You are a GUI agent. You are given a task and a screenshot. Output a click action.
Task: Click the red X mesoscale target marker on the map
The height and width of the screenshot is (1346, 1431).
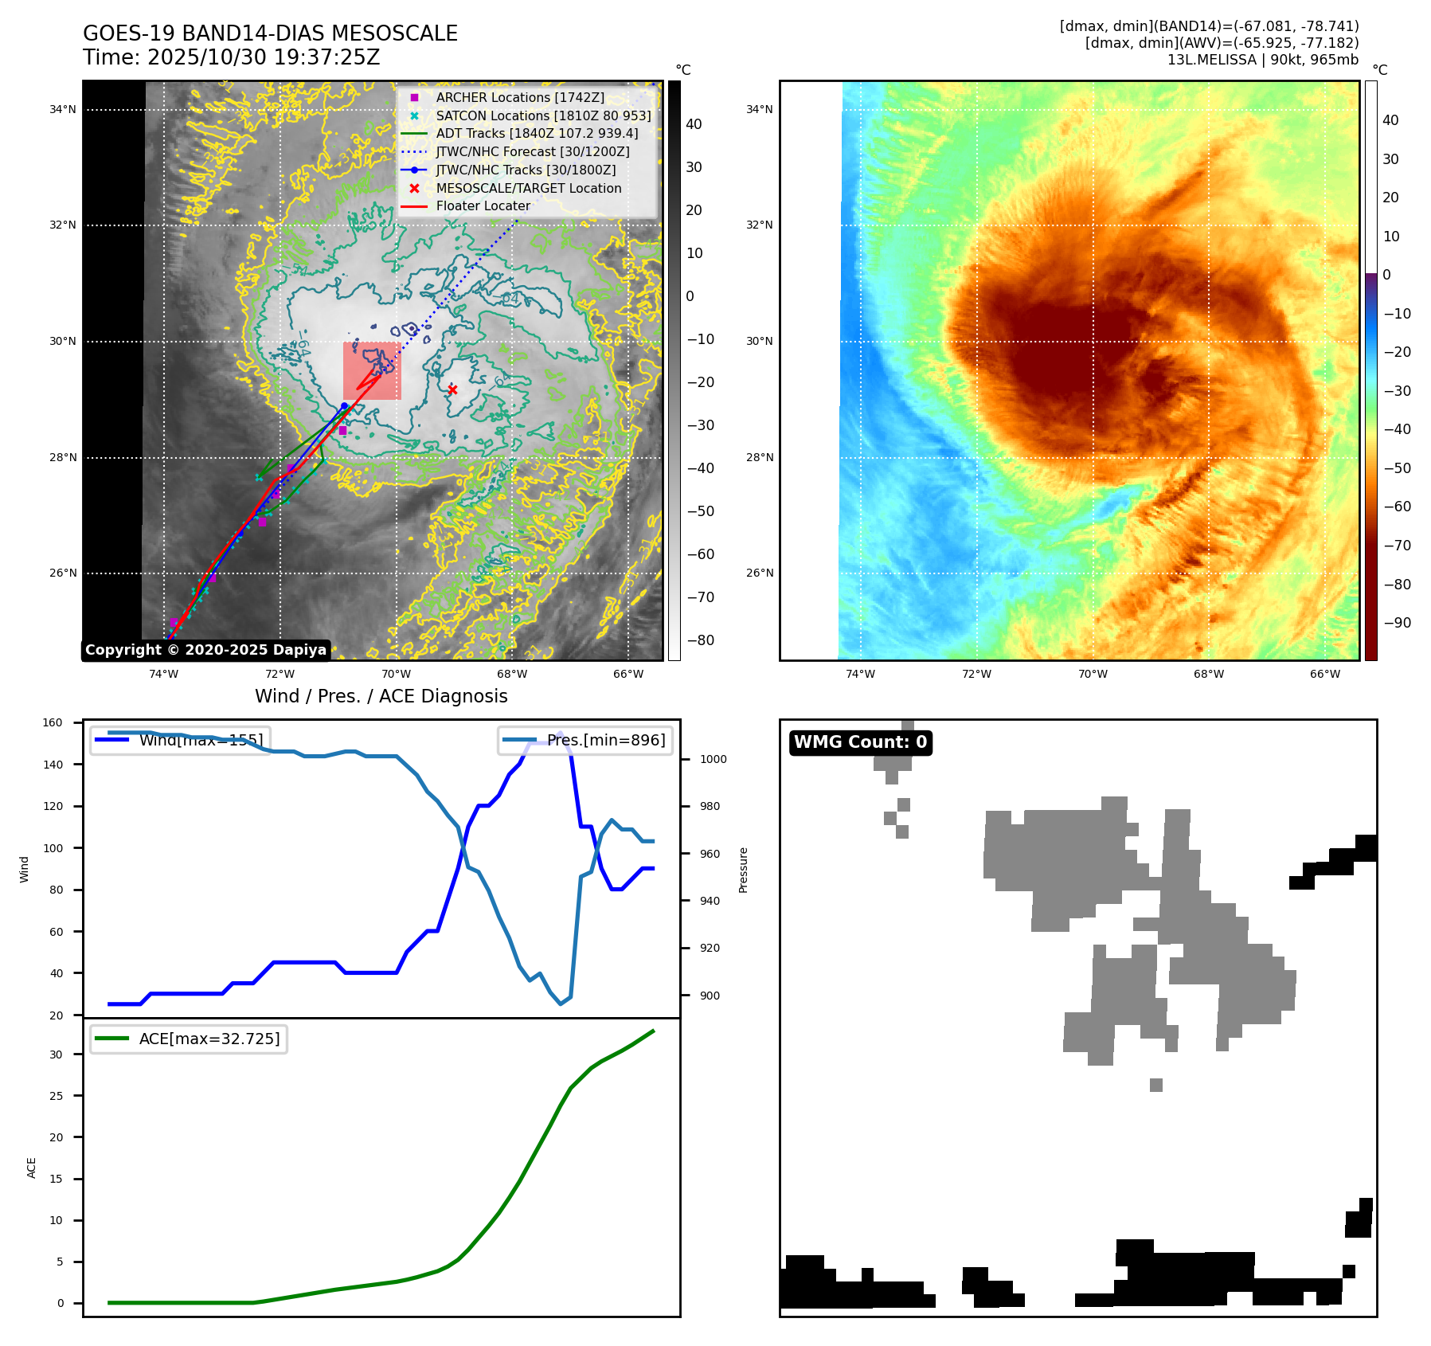[x=452, y=389]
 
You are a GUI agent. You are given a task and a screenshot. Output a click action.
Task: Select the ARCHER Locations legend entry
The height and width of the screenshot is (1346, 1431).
[x=520, y=97]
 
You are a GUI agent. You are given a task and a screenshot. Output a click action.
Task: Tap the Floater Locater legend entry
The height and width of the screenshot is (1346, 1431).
[x=483, y=205]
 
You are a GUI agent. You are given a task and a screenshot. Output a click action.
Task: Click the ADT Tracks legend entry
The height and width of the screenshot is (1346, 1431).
[x=537, y=133]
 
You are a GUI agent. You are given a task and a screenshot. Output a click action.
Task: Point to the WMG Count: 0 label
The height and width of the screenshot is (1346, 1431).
[x=860, y=742]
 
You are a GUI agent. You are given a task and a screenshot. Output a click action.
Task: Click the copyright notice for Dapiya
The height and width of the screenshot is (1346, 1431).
[x=205, y=650]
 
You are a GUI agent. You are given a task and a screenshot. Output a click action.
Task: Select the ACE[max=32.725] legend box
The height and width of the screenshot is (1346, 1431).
[x=189, y=1039]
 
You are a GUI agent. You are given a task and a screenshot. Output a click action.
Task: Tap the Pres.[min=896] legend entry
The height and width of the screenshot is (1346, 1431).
[x=585, y=740]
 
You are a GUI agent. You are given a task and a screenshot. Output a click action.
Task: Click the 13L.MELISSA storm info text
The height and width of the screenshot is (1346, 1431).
[x=1262, y=60]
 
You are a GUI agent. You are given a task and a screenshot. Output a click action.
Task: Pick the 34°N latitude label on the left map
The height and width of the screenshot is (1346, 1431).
[x=63, y=110]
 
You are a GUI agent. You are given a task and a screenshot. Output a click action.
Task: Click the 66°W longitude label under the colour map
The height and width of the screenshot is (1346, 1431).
[x=1324, y=674]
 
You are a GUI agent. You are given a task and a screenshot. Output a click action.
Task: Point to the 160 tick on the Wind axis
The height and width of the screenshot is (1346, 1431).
[x=53, y=723]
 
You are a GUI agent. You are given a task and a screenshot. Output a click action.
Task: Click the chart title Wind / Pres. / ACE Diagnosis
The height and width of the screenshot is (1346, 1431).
[x=381, y=696]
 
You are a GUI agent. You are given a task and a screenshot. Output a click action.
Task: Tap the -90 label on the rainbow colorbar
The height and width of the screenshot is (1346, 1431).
[x=1397, y=623]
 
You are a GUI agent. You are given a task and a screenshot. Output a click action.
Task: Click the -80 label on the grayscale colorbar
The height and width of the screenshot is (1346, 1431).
[x=701, y=640]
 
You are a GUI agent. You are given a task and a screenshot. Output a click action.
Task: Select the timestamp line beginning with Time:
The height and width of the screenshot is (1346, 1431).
[x=232, y=57]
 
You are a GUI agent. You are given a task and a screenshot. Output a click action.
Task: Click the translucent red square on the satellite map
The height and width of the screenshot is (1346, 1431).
[x=372, y=370]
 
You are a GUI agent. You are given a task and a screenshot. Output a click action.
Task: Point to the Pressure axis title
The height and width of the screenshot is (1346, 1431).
[x=744, y=870]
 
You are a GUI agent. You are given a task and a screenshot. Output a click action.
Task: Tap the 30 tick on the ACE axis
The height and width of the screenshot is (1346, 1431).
[x=56, y=1054]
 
